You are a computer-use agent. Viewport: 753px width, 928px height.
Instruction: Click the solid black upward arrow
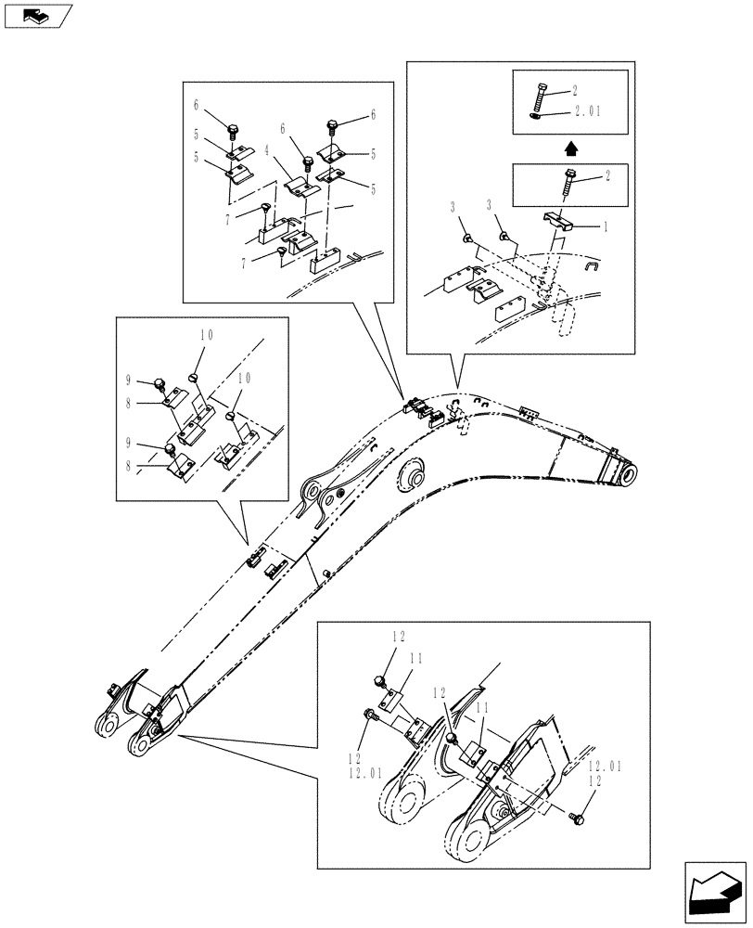571,146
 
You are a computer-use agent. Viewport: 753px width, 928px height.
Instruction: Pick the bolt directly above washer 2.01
541,96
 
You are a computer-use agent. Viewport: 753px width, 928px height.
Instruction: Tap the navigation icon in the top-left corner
33,15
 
